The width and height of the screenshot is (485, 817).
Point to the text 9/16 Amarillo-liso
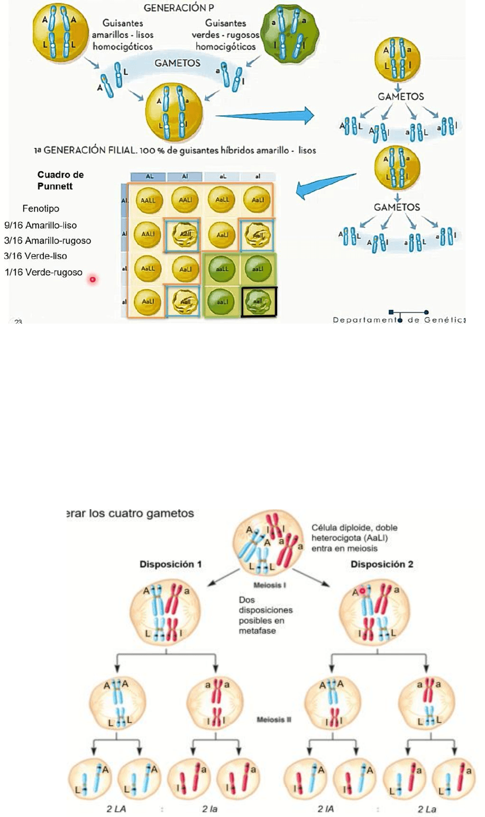41,225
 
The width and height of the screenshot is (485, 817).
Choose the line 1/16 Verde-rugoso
44,272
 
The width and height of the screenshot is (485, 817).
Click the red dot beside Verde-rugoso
93,279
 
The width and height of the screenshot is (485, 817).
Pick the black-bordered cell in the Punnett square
259,302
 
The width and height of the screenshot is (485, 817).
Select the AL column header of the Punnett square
150,177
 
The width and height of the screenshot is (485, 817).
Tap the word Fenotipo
41,208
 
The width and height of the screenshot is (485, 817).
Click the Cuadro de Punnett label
60,180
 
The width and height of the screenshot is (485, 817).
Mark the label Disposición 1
170,564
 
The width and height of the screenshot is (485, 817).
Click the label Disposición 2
382,564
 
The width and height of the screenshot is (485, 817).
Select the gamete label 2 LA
116,809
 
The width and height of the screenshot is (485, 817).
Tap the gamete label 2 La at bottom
427,809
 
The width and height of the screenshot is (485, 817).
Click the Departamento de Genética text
399,319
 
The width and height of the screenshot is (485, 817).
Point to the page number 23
18,322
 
